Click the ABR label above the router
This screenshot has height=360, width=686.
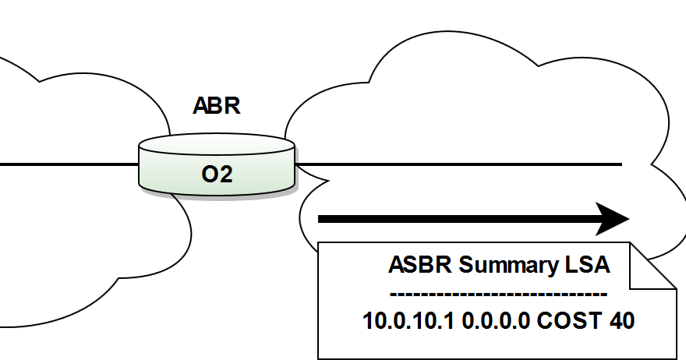217,106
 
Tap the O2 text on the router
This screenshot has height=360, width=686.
217,175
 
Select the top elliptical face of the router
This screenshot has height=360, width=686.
217,146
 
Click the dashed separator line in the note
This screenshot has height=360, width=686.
497,294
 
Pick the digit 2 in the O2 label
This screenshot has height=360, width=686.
227,175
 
